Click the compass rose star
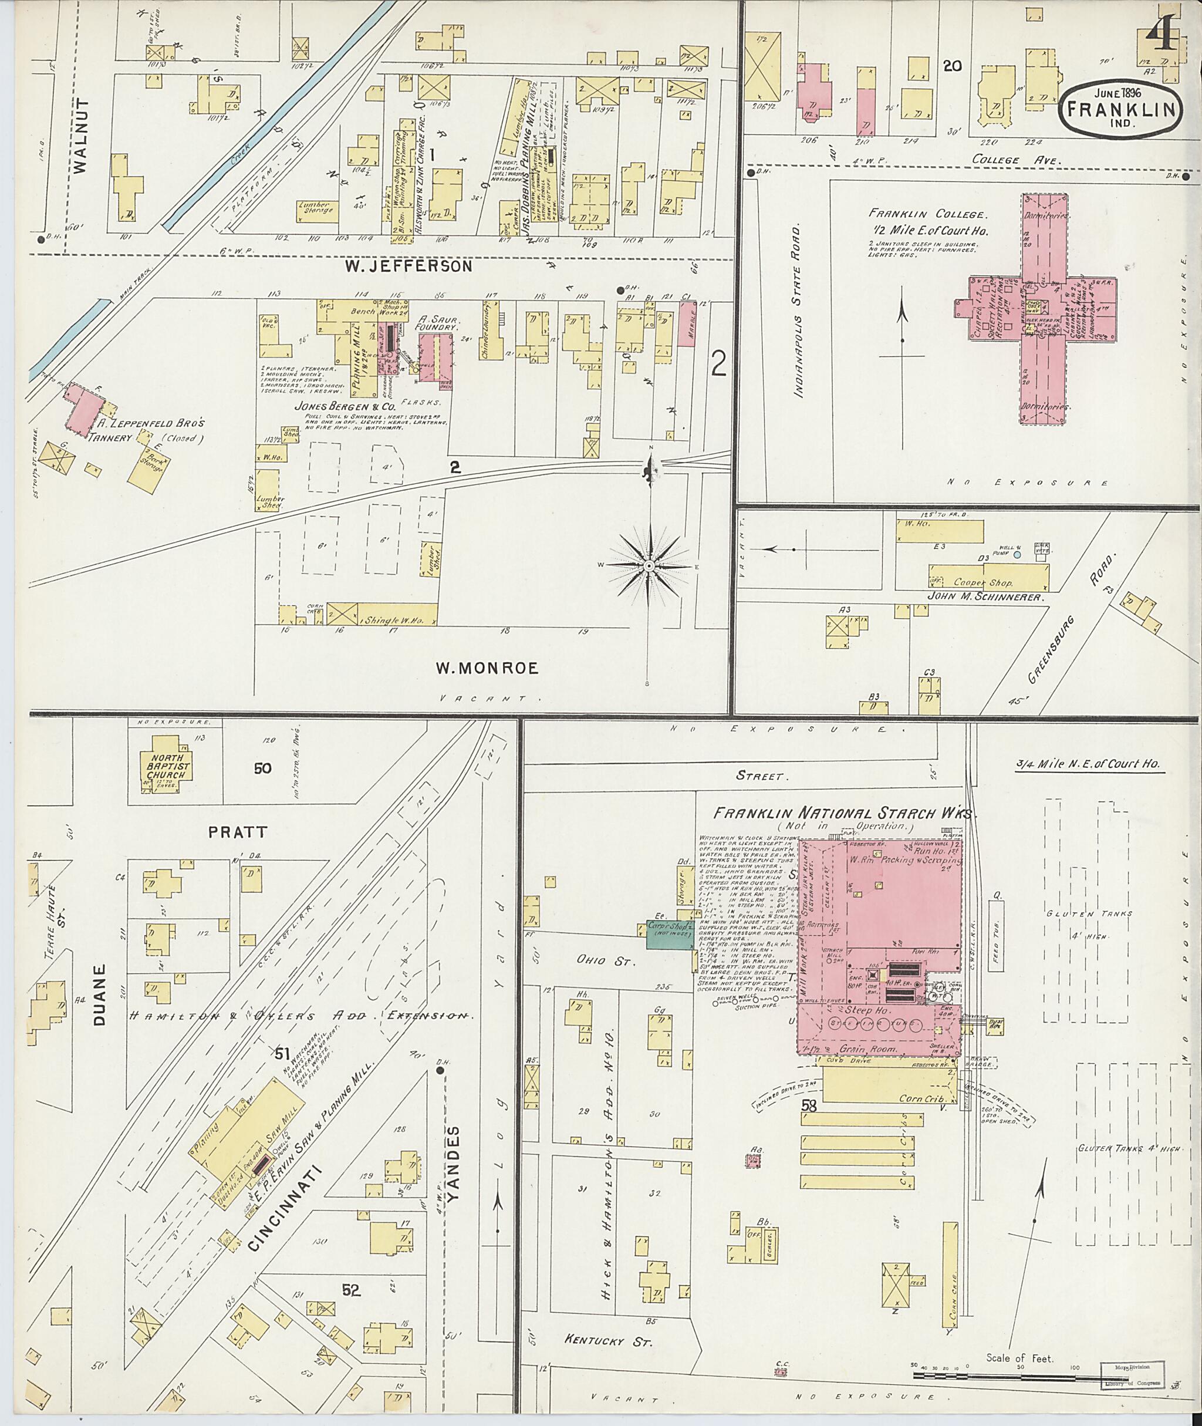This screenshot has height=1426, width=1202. pos(649,567)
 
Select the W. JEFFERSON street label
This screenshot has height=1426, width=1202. pos(407,266)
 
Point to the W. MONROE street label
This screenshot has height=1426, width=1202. pos(487,668)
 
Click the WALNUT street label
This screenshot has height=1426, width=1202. pos(85,137)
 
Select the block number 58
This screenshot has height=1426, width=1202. pos(809,1105)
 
